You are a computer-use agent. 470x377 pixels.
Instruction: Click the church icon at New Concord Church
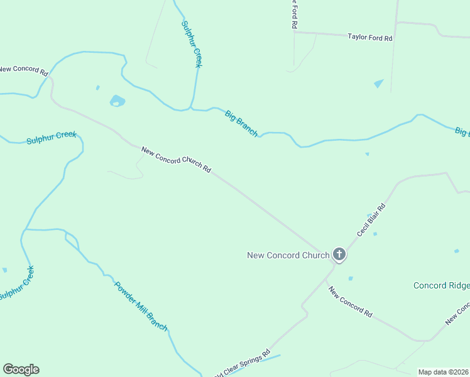[x=339, y=254]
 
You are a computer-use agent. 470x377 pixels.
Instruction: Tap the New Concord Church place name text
[x=288, y=255]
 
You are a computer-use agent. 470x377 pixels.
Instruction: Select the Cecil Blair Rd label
[x=371, y=219]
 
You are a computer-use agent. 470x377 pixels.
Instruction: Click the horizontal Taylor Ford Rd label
[x=370, y=38]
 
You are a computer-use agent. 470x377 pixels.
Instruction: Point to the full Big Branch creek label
[x=241, y=123]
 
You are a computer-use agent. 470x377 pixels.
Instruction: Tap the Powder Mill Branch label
[x=141, y=305]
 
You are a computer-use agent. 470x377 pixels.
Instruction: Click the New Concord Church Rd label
[x=176, y=160]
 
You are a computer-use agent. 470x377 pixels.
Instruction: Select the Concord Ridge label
[x=441, y=285]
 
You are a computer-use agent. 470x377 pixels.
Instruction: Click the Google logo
[x=21, y=369]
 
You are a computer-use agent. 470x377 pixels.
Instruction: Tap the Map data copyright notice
[x=443, y=372]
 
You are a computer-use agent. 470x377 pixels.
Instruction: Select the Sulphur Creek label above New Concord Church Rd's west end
[x=52, y=137]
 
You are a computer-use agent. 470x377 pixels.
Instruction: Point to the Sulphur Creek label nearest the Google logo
[x=16, y=283]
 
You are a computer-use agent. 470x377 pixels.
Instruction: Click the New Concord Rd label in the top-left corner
[x=24, y=70]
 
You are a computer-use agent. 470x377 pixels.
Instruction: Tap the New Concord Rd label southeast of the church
[x=350, y=301]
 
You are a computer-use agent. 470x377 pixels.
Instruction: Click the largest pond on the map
[x=117, y=101]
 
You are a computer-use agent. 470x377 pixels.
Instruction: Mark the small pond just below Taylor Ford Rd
[x=379, y=83]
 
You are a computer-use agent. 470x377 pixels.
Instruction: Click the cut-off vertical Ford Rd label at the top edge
[x=293, y=14]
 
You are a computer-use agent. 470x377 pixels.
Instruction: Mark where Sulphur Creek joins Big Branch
[x=192, y=109]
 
